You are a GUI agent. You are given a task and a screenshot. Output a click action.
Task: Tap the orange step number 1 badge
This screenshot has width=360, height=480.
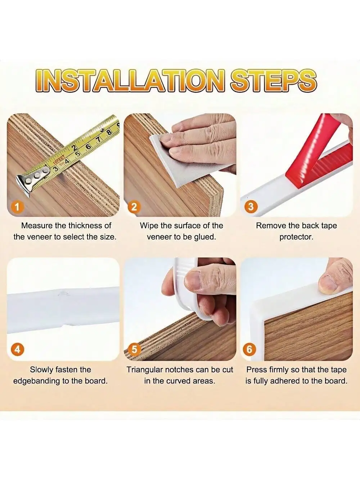pos(17,207)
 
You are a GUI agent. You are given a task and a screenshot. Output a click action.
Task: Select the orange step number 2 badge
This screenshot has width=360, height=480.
pos(134,207)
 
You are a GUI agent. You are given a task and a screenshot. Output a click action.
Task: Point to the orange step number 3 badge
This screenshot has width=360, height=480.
pos(251,207)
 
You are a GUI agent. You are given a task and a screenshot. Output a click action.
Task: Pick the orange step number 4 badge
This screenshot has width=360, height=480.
pos(17,349)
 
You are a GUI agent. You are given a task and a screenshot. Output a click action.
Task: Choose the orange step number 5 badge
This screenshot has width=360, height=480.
pos(134,349)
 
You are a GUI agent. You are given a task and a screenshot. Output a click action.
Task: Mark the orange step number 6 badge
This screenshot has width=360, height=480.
pos(249,349)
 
